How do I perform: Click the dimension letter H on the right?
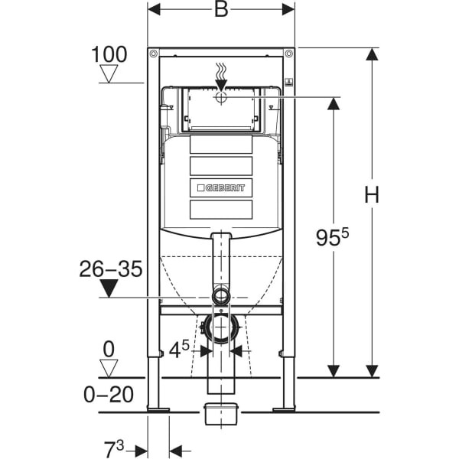click(x=372, y=196)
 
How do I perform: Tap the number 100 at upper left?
click(x=109, y=54)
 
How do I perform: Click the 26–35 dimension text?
click(x=110, y=269)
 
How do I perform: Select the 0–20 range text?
click(x=107, y=395)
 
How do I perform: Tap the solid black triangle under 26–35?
click(x=110, y=288)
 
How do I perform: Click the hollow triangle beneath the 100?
click(x=109, y=73)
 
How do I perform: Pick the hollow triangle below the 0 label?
click(x=109, y=368)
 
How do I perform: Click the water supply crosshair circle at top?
click(x=221, y=97)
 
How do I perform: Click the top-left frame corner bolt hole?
click(x=154, y=54)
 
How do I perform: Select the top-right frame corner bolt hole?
click(x=288, y=54)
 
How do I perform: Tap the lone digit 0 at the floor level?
click(x=109, y=349)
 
